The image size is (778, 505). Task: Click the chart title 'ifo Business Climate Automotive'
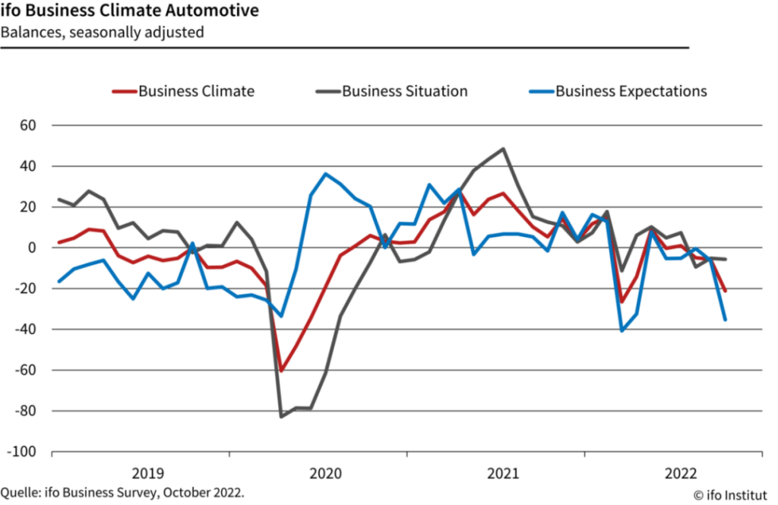pyautogui.click(x=128, y=11)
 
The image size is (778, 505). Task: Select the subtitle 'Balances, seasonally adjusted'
pyautogui.click(x=103, y=32)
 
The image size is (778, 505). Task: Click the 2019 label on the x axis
pyautogui.click(x=147, y=473)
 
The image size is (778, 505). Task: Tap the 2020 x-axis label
pyautogui.click(x=324, y=473)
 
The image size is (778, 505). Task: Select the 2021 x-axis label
pyautogui.click(x=502, y=473)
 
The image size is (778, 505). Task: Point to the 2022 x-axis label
pyautogui.click(x=680, y=473)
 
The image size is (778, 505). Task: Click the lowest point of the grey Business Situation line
pyautogui.click(x=281, y=416)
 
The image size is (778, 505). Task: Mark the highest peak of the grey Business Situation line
pyautogui.click(x=503, y=149)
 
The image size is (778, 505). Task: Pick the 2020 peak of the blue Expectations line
pyautogui.click(x=326, y=174)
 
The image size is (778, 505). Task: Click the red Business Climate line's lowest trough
pyautogui.click(x=281, y=371)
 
